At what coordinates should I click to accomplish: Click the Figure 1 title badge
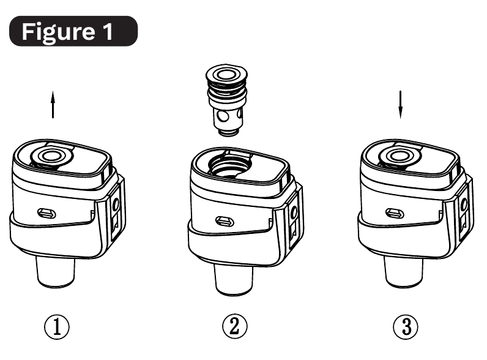click(73, 31)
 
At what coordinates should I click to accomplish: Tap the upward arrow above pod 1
click(53, 105)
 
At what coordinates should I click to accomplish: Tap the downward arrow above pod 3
click(400, 105)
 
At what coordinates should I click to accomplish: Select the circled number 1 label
click(56, 327)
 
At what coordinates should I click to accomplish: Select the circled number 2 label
click(235, 327)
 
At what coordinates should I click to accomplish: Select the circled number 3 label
click(406, 327)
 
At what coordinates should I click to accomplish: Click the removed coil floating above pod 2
click(227, 100)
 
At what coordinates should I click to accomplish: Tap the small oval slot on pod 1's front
click(46, 213)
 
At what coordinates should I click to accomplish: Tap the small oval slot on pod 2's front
click(225, 222)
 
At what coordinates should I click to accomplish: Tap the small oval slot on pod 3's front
click(395, 213)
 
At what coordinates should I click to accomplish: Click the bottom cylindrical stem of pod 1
click(56, 271)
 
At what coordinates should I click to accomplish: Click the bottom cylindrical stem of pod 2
click(234, 279)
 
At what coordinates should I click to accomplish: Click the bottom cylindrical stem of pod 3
click(404, 271)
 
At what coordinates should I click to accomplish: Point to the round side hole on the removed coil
click(222, 116)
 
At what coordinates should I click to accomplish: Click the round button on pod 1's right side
click(116, 204)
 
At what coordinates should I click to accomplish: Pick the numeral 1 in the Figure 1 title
click(108, 31)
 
